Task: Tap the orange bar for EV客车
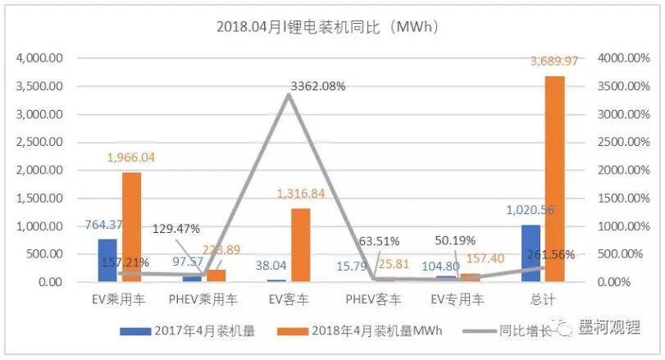300,245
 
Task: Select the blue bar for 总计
531,253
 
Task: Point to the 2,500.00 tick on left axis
39,143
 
